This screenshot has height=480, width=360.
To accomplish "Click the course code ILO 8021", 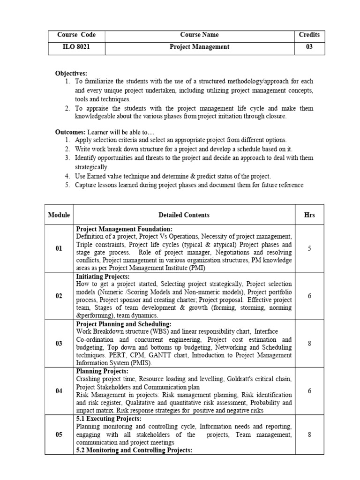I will (x=76, y=47).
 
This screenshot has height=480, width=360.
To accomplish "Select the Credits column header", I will (x=309, y=35).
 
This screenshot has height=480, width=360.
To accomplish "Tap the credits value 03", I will (x=309, y=47).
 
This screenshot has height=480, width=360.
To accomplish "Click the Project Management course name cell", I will (x=199, y=47).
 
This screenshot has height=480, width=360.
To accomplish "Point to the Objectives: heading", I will (x=71, y=74).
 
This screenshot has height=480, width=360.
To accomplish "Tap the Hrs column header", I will (x=309, y=215).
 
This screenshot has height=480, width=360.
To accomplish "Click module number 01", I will (x=59, y=248).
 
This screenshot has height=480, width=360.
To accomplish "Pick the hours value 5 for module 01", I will (x=309, y=248).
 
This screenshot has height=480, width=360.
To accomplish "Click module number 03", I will (x=59, y=344).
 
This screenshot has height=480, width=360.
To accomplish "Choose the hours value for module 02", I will (x=309, y=296).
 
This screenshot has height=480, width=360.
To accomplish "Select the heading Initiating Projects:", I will (x=103, y=277).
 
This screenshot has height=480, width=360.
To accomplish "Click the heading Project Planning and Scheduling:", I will (x=124, y=324).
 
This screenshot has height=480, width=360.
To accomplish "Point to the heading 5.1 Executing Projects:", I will (x=108, y=419).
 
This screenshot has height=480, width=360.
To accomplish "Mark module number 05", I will (x=59, y=435).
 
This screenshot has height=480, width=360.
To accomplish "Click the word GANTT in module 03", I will (x=152, y=355).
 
